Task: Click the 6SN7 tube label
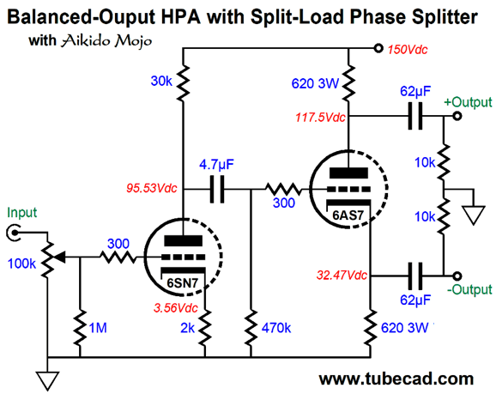pos(182,282)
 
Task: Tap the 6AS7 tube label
pos(348,215)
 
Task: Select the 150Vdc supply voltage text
pos(408,50)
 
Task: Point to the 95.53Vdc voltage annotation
pos(152,188)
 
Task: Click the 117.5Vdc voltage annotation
pos(320,118)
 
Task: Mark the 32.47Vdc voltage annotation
pos(342,276)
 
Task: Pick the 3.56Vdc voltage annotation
pos(176,307)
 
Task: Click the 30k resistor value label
pos(161,81)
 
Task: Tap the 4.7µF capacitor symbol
pos(217,189)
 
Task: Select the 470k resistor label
pos(276,328)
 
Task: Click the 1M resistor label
pos(98,328)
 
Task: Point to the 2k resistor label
pos(188,328)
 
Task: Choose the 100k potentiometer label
pos(21,264)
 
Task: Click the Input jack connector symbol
pos(14,233)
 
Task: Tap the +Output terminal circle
pos(457,116)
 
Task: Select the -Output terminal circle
pos(457,276)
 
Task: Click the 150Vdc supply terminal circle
pos(378,48)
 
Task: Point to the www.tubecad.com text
pos(396,379)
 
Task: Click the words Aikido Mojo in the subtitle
pos(106,41)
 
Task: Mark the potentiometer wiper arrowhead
pos(60,257)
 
